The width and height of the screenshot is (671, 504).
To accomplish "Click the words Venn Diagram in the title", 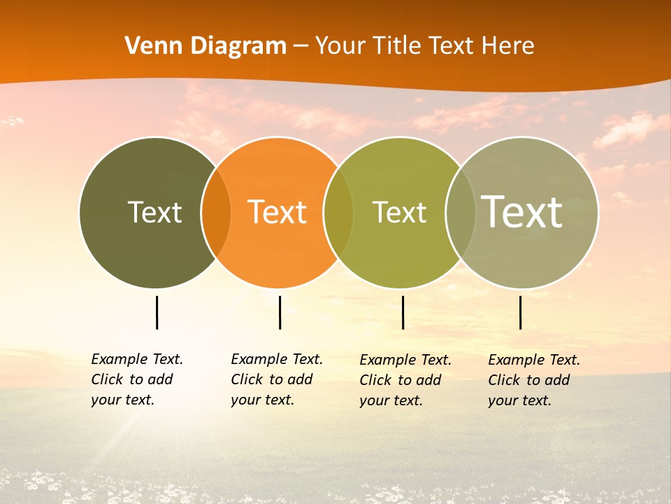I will [x=205, y=46].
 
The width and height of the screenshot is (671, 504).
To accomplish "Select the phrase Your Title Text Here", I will [x=424, y=46].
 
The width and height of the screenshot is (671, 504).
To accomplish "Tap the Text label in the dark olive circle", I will [x=154, y=212].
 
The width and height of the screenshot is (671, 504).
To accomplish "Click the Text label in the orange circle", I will [x=277, y=212].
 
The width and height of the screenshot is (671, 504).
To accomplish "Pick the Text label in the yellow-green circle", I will [x=399, y=212].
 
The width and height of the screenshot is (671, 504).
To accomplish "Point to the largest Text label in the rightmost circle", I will [x=521, y=211].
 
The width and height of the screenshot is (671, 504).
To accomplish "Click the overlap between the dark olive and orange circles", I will [x=216, y=212].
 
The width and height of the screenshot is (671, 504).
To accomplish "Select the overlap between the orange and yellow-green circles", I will [x=338, y=212].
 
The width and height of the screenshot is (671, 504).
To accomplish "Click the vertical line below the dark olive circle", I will [x=157, y=312].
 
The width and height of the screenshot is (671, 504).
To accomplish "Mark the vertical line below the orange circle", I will [x=280, y=312].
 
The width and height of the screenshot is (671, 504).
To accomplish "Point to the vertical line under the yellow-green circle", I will [x=403, y=312].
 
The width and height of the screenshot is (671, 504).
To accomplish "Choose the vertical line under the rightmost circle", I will [x=520, y=312].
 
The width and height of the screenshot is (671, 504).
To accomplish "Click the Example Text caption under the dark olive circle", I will [x=137, y=379].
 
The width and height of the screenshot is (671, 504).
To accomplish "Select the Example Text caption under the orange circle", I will [x=277, y=379].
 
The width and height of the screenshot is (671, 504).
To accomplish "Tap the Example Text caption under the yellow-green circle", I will [x=405, y=380].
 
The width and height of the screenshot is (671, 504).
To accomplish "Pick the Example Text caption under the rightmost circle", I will [x=534, y=380].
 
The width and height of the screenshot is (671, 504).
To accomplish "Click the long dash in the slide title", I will [x=301, y=47].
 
